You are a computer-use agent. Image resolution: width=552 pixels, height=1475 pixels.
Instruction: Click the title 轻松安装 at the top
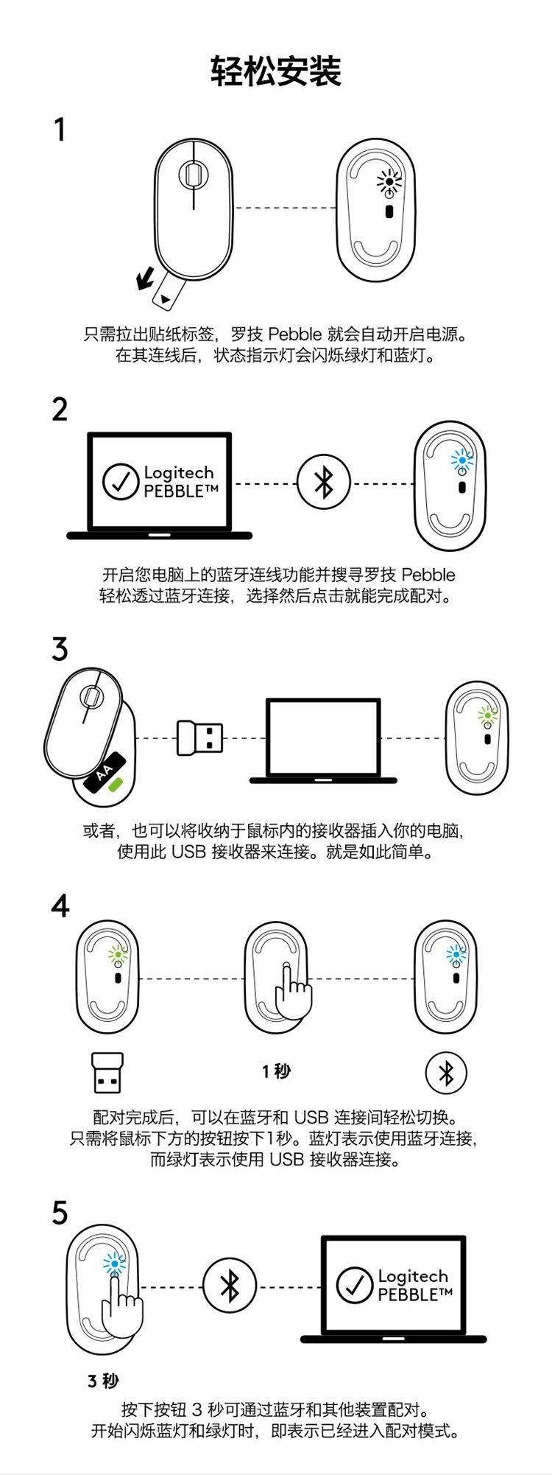coord(276,71)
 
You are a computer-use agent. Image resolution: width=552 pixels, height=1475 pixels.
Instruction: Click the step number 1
coord(60,130)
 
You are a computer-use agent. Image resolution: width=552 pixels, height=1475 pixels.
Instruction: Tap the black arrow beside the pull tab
coord(146,278)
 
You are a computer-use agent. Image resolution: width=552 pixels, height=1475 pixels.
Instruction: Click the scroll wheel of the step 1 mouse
coord(193,175)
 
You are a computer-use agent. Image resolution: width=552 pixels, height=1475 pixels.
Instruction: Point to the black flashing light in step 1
coord(389,181)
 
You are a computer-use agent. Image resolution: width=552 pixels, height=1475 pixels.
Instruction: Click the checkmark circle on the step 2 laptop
coord(121,482)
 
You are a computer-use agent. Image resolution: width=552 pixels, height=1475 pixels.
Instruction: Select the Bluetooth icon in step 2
coord(324,483)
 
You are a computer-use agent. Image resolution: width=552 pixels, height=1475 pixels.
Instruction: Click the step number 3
coord(60,649)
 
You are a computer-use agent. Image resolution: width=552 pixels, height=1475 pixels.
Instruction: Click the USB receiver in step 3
coord(199,737)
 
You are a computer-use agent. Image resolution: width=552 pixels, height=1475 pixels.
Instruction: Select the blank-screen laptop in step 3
coord(323,740)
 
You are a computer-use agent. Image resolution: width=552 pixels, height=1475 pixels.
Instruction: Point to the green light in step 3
coord(486,715)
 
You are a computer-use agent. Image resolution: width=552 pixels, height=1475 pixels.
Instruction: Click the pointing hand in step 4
coord(292,991)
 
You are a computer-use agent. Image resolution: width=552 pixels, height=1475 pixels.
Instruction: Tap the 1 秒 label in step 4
coord(276,1071)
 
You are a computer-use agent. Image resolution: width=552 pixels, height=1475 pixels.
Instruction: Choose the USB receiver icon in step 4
coord(107,1073)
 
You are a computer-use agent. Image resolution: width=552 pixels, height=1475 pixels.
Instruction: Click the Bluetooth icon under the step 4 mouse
coord(446,1073)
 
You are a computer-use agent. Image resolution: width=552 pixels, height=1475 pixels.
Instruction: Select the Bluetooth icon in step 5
coord(230,1286)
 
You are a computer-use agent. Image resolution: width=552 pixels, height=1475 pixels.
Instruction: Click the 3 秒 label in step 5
coord(103,1381)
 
